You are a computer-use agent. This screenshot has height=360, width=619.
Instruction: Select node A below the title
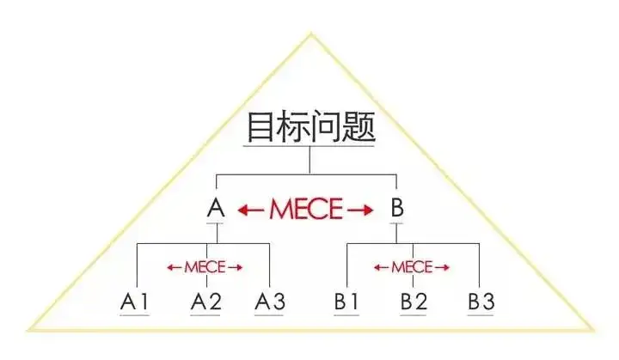217,208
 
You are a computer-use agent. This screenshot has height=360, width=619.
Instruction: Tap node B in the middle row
396,208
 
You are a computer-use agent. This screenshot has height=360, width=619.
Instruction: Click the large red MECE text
306,209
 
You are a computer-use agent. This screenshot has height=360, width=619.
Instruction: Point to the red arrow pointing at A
249,209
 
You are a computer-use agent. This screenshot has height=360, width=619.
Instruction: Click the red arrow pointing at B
364,209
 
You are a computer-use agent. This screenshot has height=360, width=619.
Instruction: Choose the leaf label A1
135,302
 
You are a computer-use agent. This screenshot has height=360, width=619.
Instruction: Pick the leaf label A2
205,302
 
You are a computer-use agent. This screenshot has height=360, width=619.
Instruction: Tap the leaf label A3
269,302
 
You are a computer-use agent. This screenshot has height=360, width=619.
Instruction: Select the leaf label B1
346,302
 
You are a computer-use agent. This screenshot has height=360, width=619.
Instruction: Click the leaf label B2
414,302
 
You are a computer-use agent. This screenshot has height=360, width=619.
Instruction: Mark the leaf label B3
481,302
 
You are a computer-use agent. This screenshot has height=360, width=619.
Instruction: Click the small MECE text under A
205,267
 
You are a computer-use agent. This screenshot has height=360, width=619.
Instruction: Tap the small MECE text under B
412,267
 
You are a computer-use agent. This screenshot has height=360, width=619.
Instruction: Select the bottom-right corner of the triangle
592,329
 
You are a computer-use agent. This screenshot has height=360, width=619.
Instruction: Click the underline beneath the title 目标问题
309,147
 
